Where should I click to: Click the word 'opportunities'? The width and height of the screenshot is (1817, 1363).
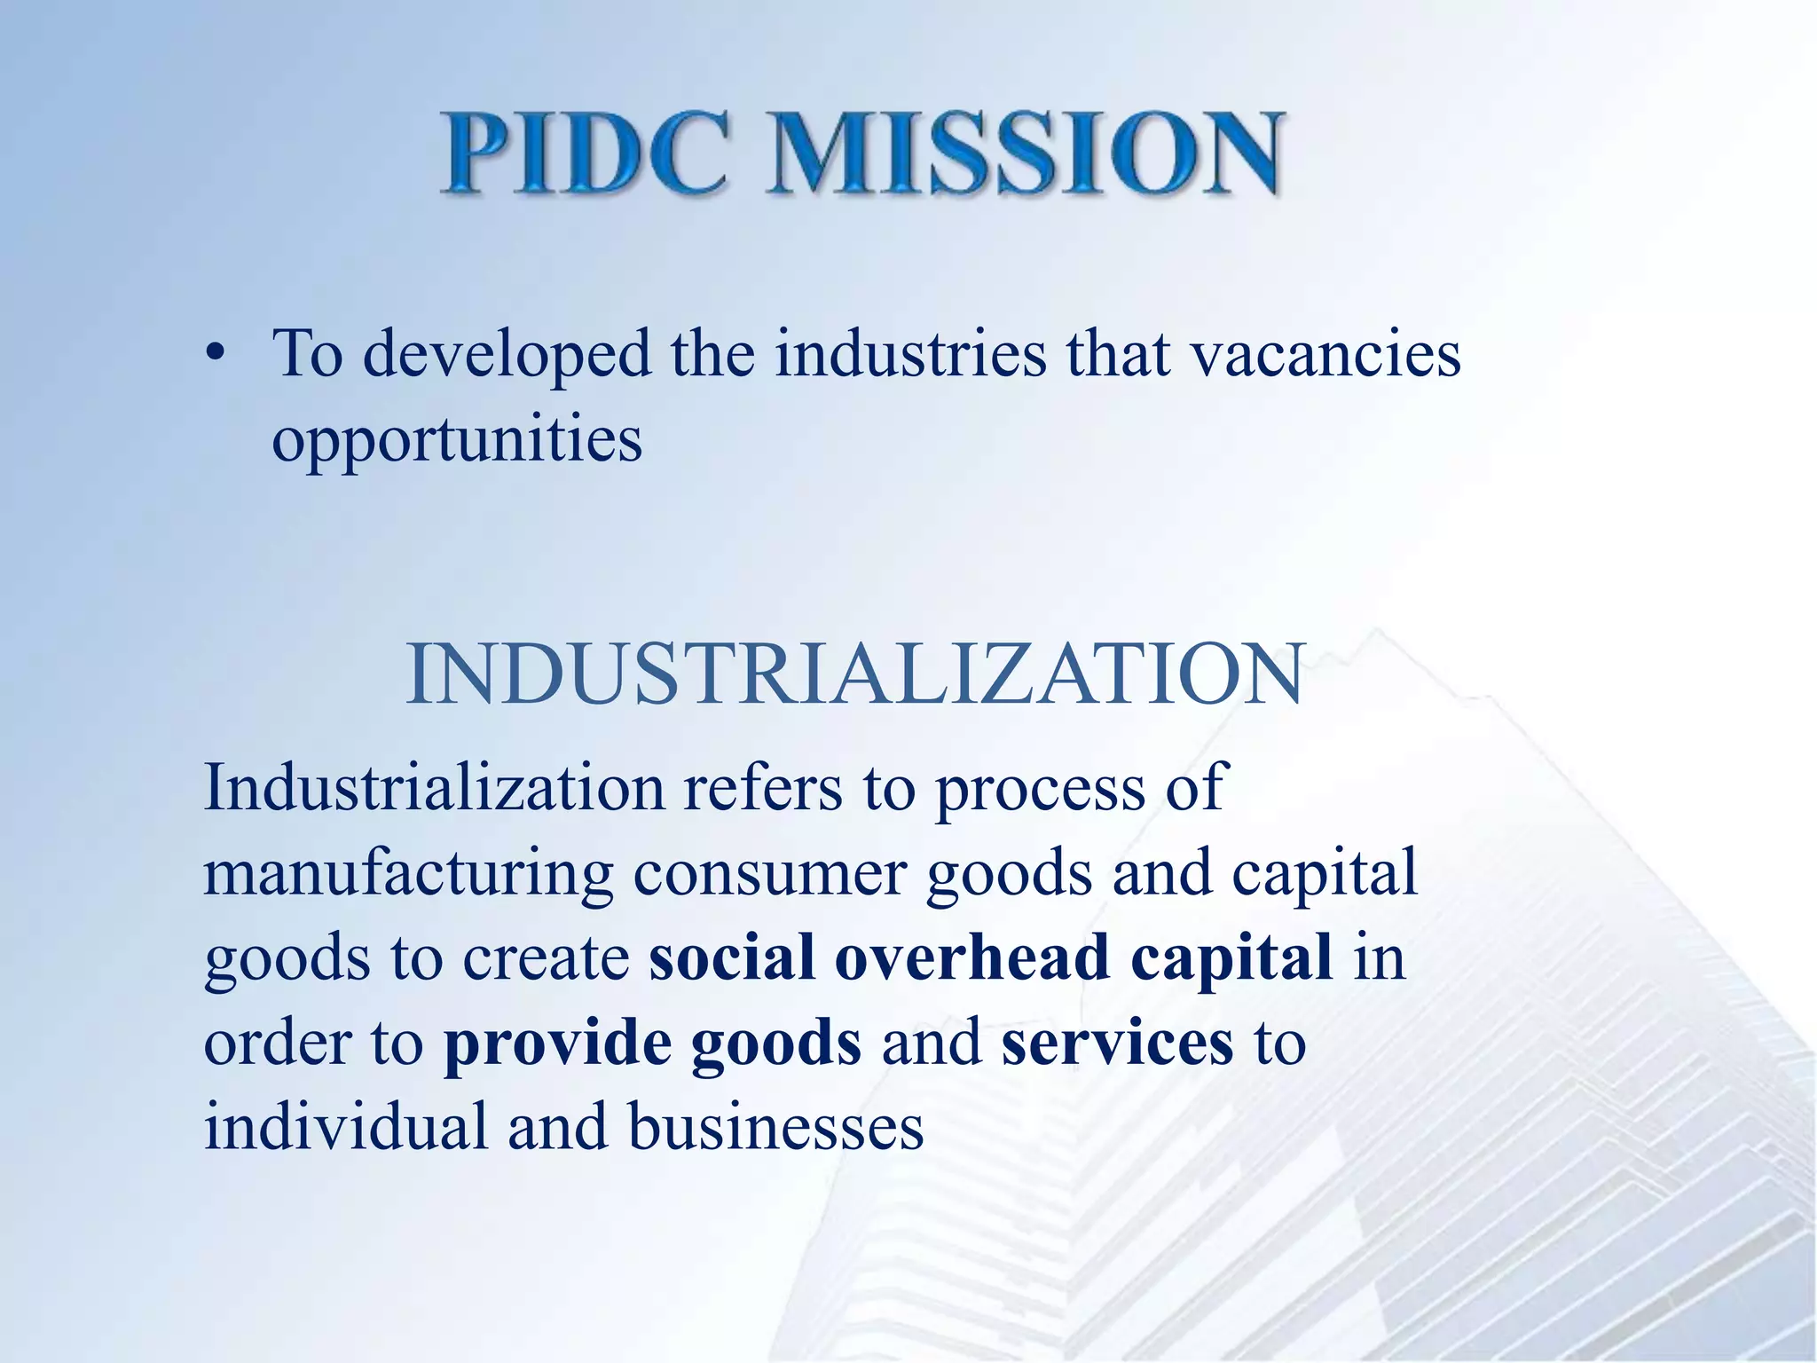point(457,440)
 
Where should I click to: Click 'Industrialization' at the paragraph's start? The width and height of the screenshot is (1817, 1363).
point(434,787)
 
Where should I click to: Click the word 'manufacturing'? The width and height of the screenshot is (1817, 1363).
point(408,874)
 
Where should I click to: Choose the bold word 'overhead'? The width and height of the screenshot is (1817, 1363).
point(971,957)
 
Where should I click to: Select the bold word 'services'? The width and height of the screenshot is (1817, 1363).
point(1117,1044)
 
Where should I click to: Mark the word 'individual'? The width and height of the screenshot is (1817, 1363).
point(345,1127)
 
